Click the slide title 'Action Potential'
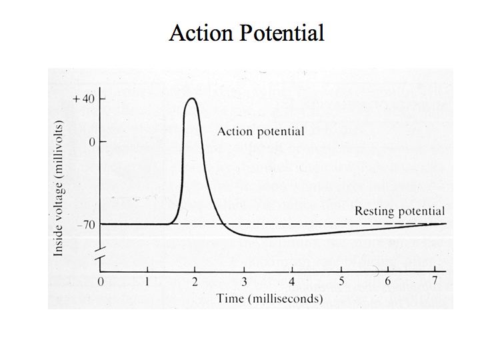tap(247, 33)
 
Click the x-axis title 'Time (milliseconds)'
tap(269, 298)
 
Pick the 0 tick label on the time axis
tap(101, 281)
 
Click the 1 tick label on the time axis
tap(148, 281)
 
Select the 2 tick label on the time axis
tap(195, 281)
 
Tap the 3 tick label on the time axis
tap(243, 281)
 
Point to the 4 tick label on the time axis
tap(291, 281)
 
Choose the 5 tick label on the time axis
tap(340, 281)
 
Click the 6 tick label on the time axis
tap(387, 281)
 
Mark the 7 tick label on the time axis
tap(435, 281)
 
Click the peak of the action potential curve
tap(192, 99)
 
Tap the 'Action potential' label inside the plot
tap(260, 131)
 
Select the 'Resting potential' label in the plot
tap(399, 211)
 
